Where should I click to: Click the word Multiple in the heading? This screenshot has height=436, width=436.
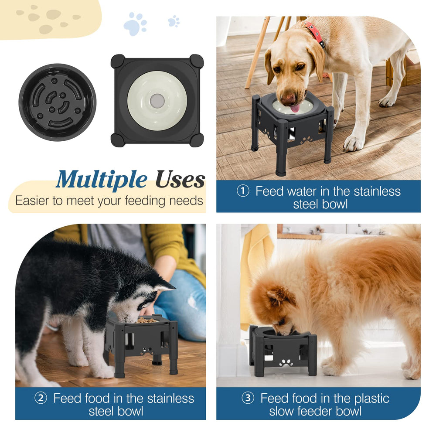tap(102, 180)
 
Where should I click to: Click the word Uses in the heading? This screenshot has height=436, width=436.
tap(180, 179)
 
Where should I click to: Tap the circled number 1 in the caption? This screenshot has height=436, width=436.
tap(243, 191)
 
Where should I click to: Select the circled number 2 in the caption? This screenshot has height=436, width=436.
tap(41, 398)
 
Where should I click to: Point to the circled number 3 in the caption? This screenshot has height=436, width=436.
tap(248, 398)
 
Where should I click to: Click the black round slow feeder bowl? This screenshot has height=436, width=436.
tap(58, 102)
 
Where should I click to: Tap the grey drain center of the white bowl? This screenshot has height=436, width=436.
tap(157, 101)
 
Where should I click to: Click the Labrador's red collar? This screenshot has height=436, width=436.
tap(315, 34)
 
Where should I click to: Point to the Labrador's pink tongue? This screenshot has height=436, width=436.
tap(295, 109)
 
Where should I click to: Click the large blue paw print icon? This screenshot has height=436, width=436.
tap(135, 24)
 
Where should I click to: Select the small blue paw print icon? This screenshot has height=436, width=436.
tap(174, 21)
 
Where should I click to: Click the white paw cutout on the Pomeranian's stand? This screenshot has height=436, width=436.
tap(286, 363)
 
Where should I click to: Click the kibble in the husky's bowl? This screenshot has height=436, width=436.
tap(146, 320)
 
